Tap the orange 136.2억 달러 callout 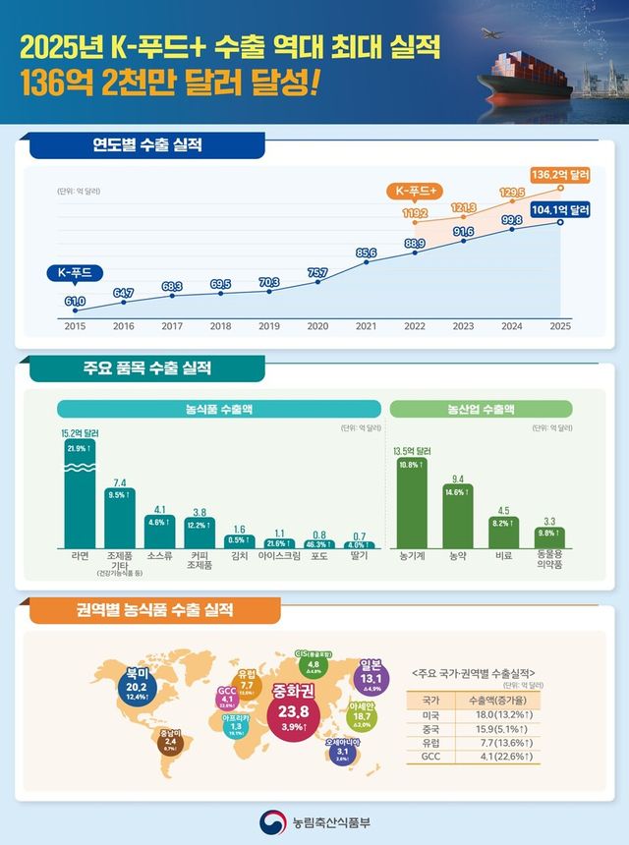coord(560,174)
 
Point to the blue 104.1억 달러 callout coord(559,209)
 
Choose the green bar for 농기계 coord(411,501)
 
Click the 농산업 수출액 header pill coord(482,409)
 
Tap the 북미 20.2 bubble coord(136,684)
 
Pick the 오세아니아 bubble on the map coord(342,752)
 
